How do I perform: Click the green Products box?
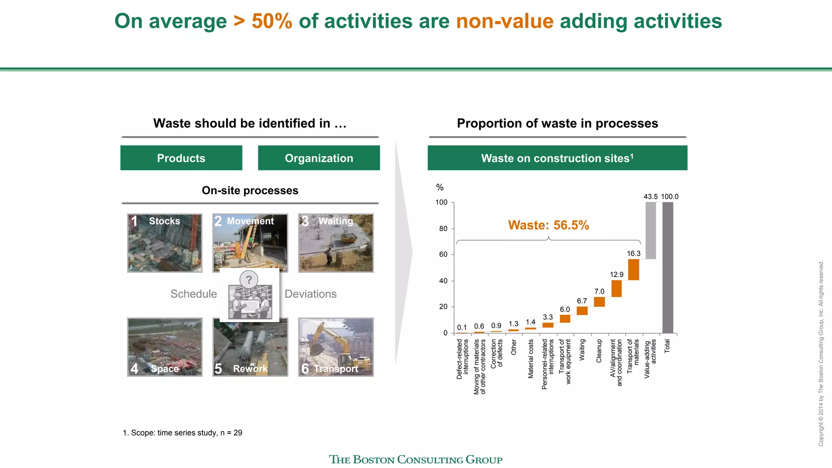pyautogui.click(x=181, y=158)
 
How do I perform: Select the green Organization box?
pyautogui.click(x=319, y=158)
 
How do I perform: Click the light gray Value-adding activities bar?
pyautogui.click(x=650, y=230)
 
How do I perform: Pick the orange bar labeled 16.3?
pyautogui.click(x=633, y=269)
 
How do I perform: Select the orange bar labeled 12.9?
pyautogui.click(x=616, y=288)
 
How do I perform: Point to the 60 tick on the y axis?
pyautogui.click(x=443, y=255)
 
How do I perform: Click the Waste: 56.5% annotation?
pyautogui.click(x=548, y=225)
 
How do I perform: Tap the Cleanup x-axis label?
pyautogui.click(x=599, y=351)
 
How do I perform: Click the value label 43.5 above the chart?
pyautogui.click(x=650, y=197)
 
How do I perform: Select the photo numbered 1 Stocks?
pyautogui.click(x=165, y=243)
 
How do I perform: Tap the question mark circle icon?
pyautogui.click(x=249, y=279)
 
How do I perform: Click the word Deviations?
pyautogui.click(x=310, y=294)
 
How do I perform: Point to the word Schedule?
pyautogui.click(x=193, y=294)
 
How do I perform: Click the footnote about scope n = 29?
pyautogui.click(x=182, y=433)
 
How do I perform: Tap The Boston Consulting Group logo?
pyautogui.click(x=416, y=459)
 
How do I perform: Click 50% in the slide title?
pyautogui.click(x=272, y=21)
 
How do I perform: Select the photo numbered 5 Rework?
pyautogui.click(x=250, y=347)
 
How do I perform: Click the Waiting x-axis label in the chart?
pyautogui.click(x=582, y=349)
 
